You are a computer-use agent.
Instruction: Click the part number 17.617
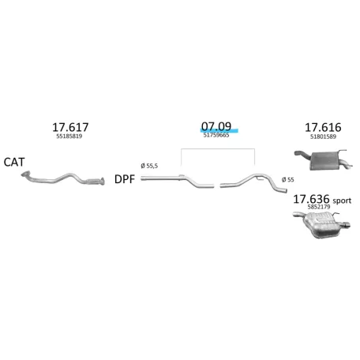pyautogui.click(x=70, y=127)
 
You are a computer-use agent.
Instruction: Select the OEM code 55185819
pyautogui.click(x=69, y=136)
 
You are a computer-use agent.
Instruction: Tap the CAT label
pyautogui.click(x=14, y=162)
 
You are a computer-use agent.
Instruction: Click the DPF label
pyautogui.click(x=125, y=179)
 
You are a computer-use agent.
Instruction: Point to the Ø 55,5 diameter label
pyautogui.click(x=149, y=166)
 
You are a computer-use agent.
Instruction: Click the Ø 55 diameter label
pyautogui.click(x=287, y=180)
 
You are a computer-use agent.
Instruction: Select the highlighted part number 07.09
pyautogui.click(x=216, y=126)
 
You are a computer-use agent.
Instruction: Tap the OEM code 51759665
pyautogui.click(x=216, y=135)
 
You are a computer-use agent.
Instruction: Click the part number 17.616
pyautogui.click(x=323, y=127)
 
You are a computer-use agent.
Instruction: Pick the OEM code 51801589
pyautogui.click(x=323, y=137)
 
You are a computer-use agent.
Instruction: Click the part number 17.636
pyautogui.click(x=311, y=199)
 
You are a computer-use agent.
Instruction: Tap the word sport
pyautogui.click(x=342, y=201)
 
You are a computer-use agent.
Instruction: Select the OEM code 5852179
pyautogui.click(x=319, y=207)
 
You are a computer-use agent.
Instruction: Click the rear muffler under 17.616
pyautogui.click(x=324, y=160)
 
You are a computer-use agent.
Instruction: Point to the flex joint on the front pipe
pyautogui.click(x=92, y=182)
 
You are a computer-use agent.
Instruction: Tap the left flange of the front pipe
pyautogui.click(x=26, y=174)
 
